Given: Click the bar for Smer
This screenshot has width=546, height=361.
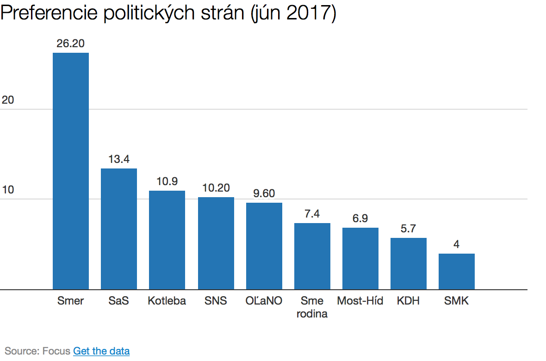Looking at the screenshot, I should pos(71,171).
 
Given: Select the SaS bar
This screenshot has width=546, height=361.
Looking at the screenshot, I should pos(119,229).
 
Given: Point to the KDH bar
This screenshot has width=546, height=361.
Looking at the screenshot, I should pos(408,263).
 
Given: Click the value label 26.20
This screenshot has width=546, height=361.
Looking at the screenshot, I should pos(71,44).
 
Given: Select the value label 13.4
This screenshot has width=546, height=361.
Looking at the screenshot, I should pos(119,159).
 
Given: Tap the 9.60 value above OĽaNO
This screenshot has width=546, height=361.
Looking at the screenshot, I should pos(264,193).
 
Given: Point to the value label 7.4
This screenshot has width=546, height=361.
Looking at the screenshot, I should pos(312,214).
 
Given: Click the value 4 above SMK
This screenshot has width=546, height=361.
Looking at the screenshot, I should pos(456,244).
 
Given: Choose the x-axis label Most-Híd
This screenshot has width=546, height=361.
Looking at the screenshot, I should pos(360,301).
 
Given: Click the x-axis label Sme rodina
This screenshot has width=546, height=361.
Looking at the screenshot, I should pos(312,307).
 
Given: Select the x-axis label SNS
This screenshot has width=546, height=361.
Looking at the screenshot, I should pos(216,301).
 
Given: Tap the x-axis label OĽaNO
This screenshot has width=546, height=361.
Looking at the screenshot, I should pos(264,301).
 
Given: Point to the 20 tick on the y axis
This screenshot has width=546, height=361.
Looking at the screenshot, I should pos(8,100).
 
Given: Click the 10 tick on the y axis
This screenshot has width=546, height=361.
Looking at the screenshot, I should pos(8,190).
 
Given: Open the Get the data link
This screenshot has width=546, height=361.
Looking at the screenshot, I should pos(101,351).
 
